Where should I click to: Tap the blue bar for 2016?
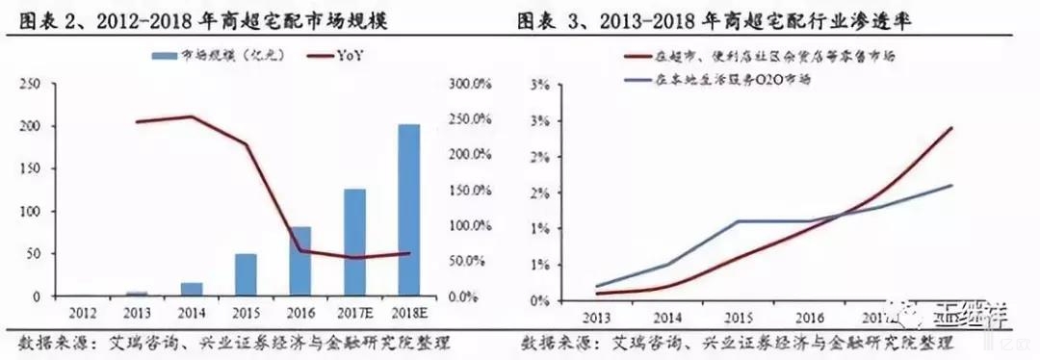pos(300,261)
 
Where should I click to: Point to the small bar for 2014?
pos(192,289)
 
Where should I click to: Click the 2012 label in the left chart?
pos(83,312)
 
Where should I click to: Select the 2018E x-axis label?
pos(409,312)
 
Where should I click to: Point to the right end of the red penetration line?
pos(952,127)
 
